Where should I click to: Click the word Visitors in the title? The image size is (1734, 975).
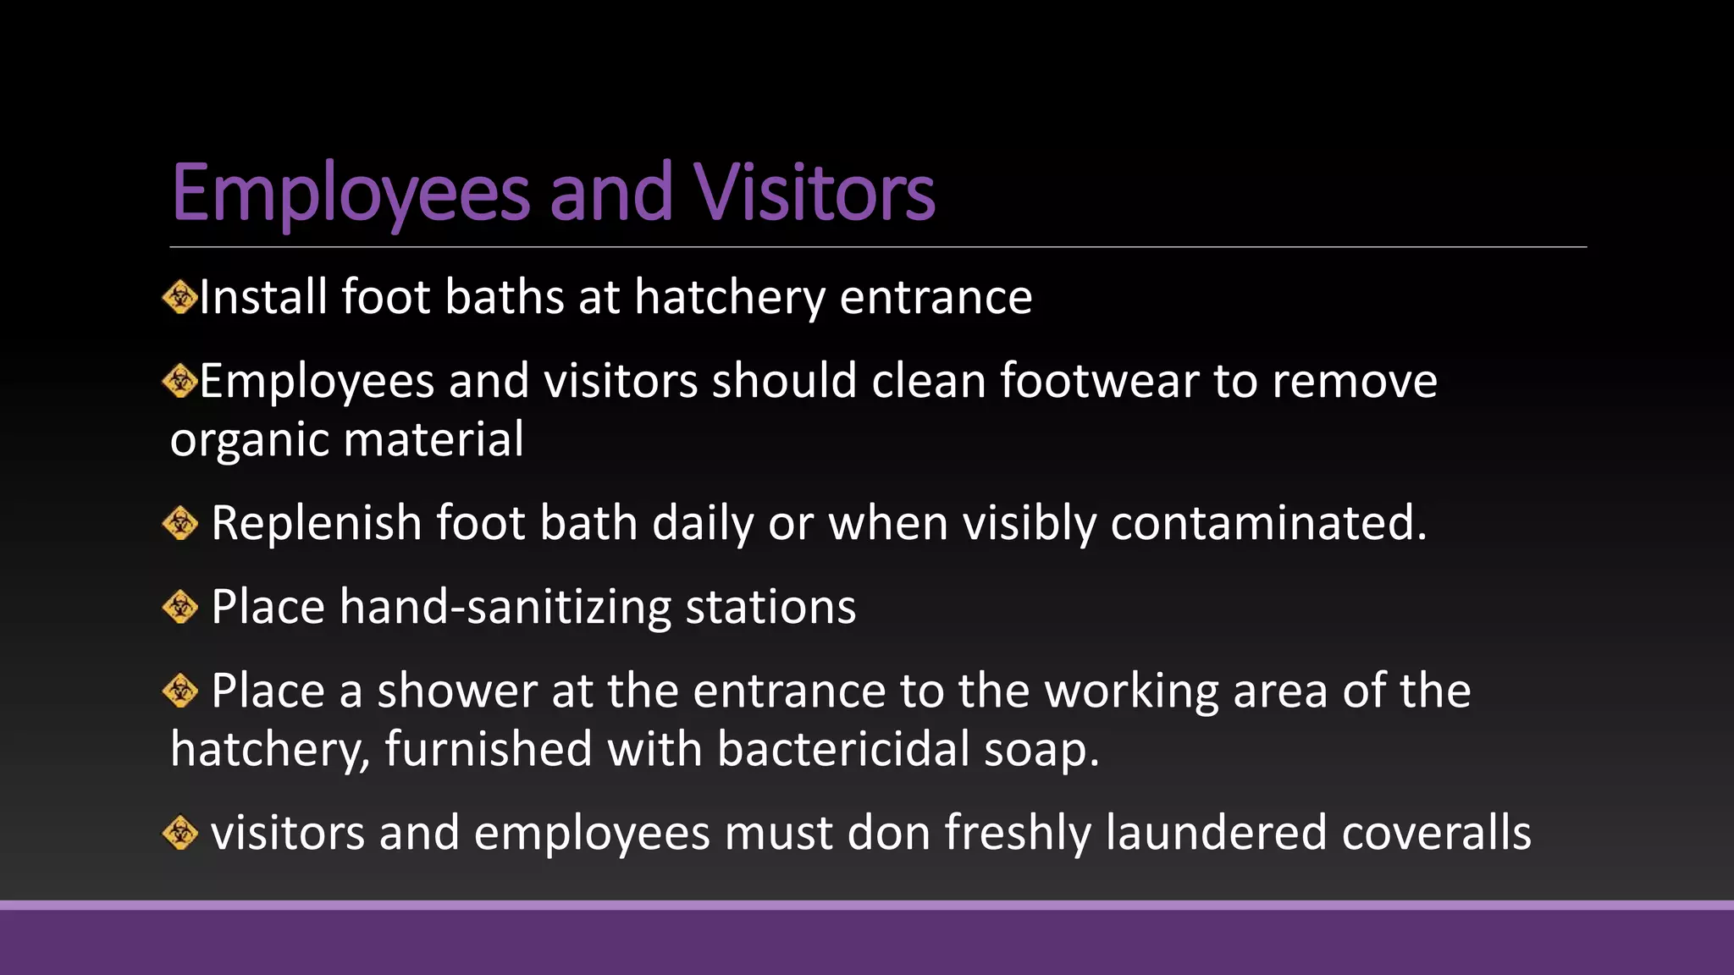point(815,192)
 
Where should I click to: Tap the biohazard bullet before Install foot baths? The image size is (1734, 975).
point(179,298)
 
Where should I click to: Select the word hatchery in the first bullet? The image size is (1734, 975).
point(729,298)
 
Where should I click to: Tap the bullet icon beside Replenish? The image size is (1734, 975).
point(179,523)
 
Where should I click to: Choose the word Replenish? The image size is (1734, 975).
point(316,523)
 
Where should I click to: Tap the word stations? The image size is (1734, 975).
point(770,607)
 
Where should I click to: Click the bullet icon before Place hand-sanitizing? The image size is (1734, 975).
point(179,607)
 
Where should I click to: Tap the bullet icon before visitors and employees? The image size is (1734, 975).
point(179,833)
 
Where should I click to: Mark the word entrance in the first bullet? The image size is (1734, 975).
point(936,298)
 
